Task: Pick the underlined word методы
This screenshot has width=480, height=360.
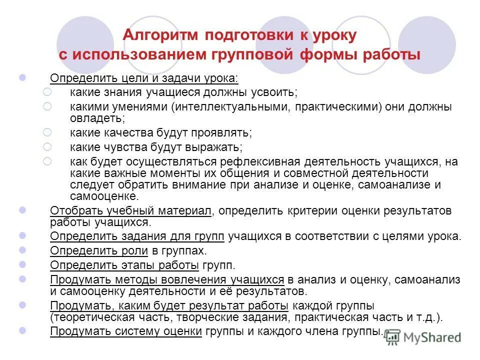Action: coord(139,280)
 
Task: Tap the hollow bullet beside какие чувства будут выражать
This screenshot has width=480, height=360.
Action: coord(47,146)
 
